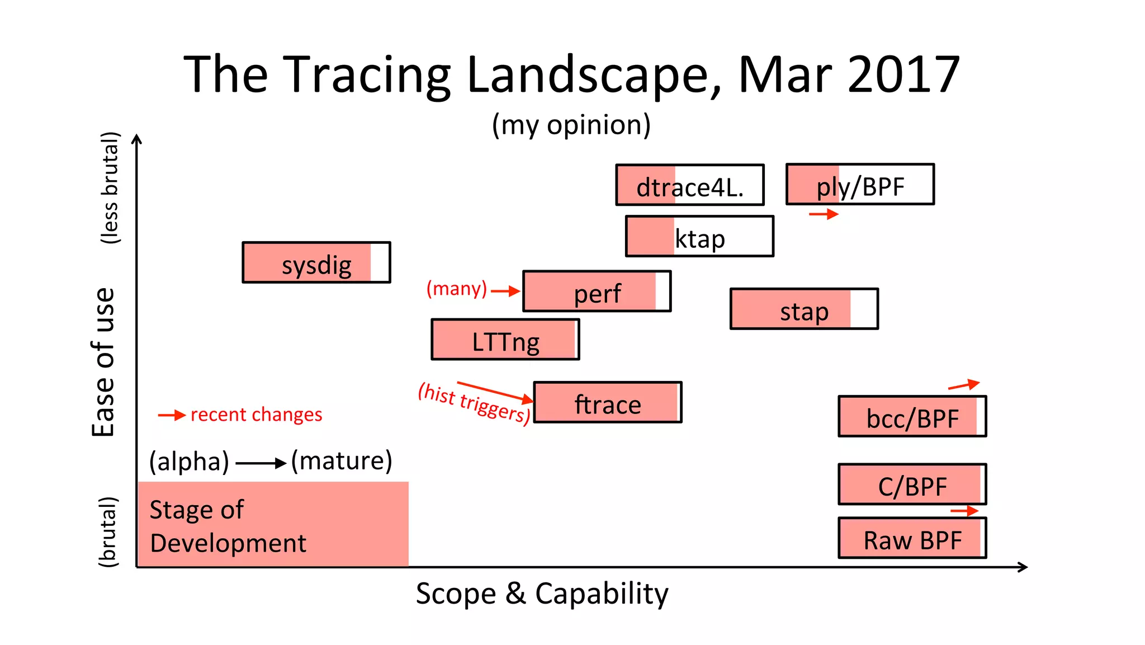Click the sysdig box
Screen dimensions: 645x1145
point(316,263)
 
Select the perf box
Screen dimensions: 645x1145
point(597,291)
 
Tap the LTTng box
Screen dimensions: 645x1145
point(505,340)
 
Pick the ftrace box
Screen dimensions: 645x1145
point(608,403)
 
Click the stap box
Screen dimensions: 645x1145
point(804,309)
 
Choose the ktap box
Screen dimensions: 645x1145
point(699,237)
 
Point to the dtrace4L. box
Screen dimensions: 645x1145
point(690,185)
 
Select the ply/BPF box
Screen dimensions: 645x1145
point(860,185)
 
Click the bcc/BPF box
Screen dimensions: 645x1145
point(912,417)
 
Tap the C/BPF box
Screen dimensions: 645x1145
point(912,484)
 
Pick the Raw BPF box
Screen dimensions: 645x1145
point(912,538)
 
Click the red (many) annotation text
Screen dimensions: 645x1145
point(457,289)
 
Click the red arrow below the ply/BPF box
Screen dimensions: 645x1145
point(824,214)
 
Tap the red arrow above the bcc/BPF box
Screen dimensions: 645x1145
point(964,385)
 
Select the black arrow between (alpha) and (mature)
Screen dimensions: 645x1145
point(261,463)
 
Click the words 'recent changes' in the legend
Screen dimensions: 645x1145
point(256,415)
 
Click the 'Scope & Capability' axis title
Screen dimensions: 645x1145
point(542,594)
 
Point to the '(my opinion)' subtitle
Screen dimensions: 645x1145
point(571,125)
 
